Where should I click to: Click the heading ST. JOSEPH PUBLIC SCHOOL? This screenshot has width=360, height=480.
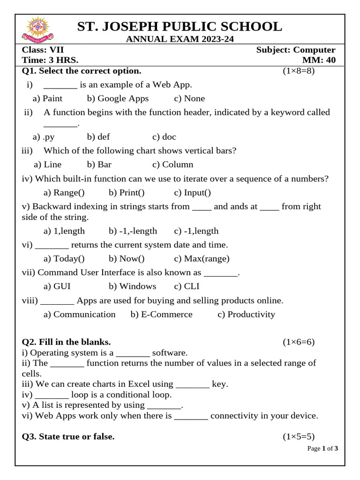(x=180, y=27)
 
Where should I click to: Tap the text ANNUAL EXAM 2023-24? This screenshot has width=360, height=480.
(x=180, y=39)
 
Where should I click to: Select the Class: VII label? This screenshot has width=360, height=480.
(x=43, y=50)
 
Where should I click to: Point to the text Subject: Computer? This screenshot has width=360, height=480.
(x=296, y=50)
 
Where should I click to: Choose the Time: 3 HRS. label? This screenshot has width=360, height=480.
(x=50, y=60)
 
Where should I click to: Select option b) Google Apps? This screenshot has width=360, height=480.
(x=118, y=98)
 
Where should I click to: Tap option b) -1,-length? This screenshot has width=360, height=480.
(x=133, y=231)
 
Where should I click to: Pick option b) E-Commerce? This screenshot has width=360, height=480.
(x=161, y=314)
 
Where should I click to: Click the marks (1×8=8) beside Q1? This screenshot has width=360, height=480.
(x=298, y=71)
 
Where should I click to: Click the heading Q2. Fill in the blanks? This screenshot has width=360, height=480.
(x=67, y=342)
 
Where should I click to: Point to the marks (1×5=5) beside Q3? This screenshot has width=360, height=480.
(x=298, y=436)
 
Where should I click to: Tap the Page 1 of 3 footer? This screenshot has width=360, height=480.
(x=322, y=449)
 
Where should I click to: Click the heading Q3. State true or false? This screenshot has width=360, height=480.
(x=68, y=436)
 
